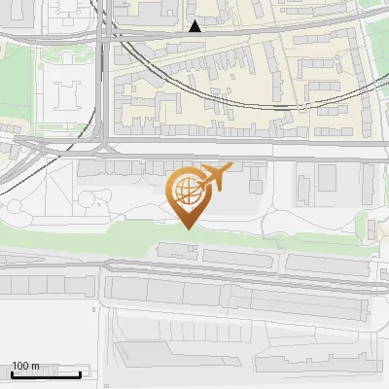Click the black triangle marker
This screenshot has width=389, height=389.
click(x=195, y=26)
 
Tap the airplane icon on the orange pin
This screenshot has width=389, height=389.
click(x=215, y=177)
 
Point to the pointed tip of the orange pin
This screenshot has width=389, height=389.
click(x=186, y=227)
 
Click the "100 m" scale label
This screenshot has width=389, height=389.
click(x=25, y=366)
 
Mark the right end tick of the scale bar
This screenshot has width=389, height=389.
click(x=81, y=372)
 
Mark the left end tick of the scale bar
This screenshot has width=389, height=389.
click(x=12, y=372)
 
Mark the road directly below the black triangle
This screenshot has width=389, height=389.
click(x=195, y=38)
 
